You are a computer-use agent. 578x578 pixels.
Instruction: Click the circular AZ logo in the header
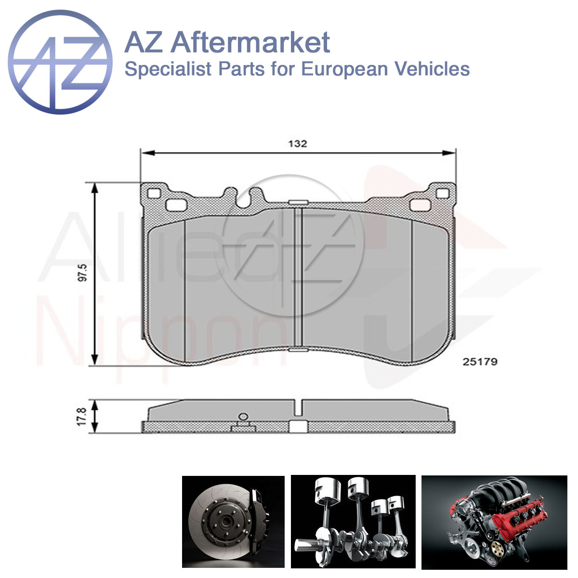click(x=60, y=62)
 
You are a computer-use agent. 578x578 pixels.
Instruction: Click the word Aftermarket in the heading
click(x=250, y=42)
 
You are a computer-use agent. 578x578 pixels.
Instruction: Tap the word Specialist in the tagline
click(x=168, y=69)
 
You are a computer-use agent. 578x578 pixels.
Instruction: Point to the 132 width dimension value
click(x=298, y=144)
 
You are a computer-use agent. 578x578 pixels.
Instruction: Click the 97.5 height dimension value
click(x=82, y=272)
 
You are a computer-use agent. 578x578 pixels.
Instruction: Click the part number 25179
click(x=480, y=362)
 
